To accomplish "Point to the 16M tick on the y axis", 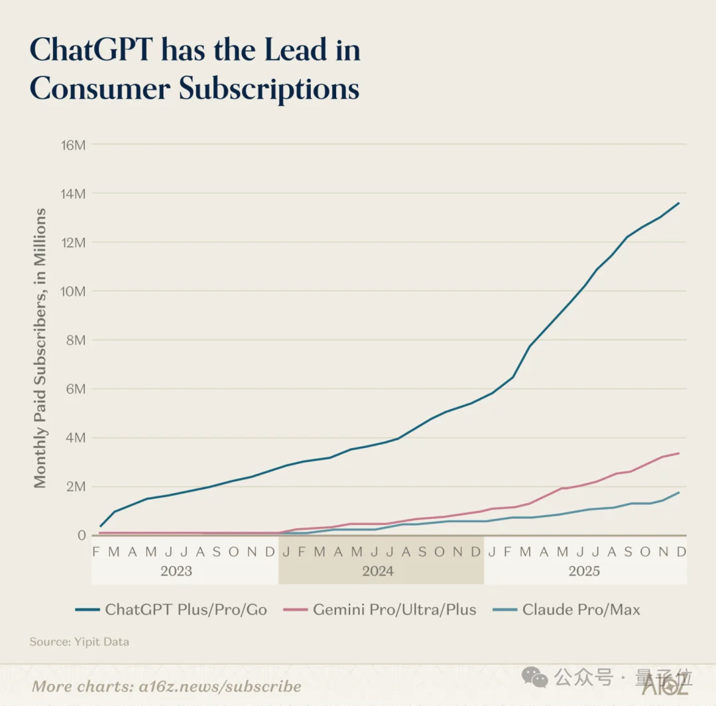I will [x=73, y=145].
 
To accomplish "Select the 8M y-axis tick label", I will [x=76, y=340].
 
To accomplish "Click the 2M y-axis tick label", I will [x=76, y=487].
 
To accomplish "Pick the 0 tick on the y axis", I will [x=82, y=535].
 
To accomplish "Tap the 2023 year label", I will [x=176, y=571].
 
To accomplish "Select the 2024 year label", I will [x=378, y=571].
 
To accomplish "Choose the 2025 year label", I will [x=583, y=571].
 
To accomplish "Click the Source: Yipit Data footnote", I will [x=79, y=642].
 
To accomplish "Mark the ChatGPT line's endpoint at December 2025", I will [x=679, y=203].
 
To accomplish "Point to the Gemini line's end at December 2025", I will [x=679, y=453].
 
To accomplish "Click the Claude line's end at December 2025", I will [x=679, y=492].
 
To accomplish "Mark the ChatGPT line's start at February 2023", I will [x=100, y=526].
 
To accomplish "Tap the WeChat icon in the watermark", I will [x=535, y=677].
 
